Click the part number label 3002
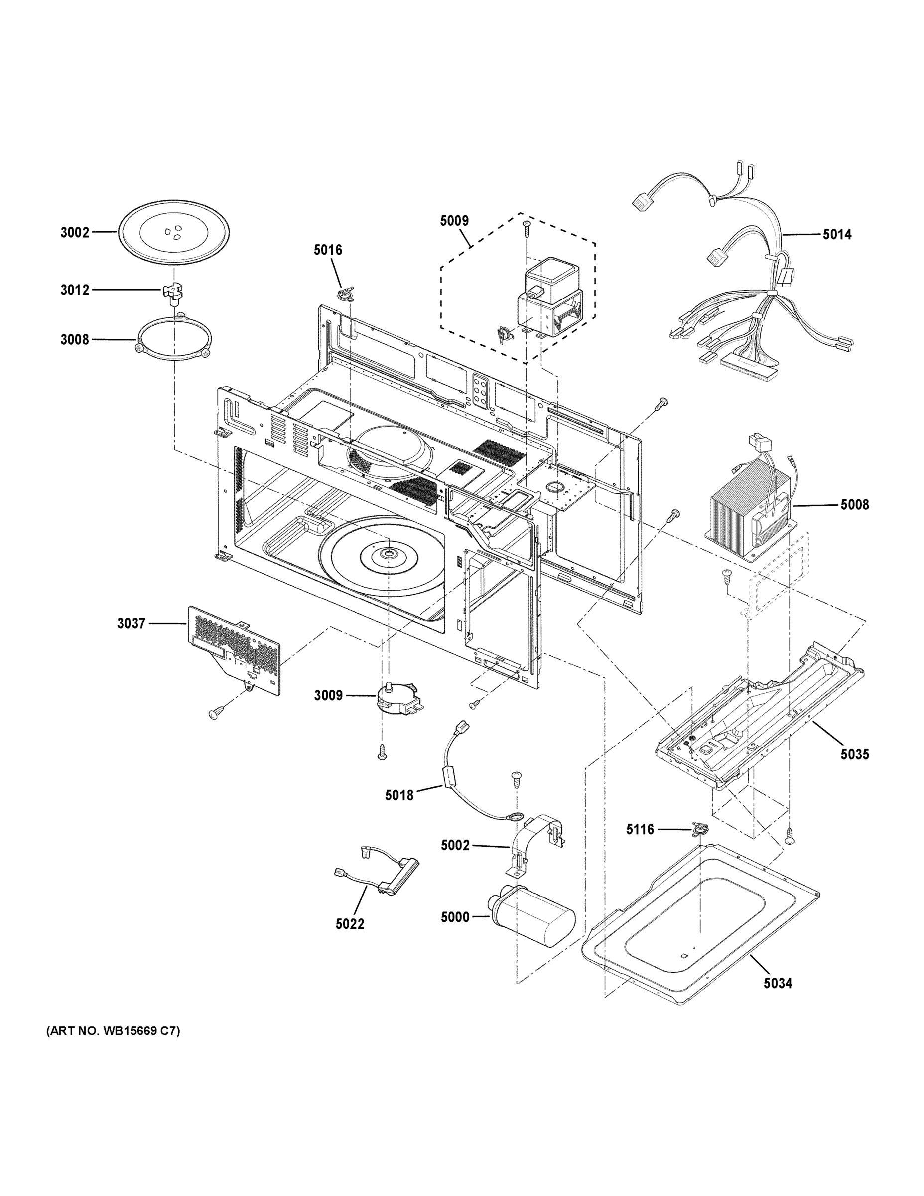[x=74, y=232]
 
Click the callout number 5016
[x=327, y=250]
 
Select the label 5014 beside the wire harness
[x=837, y=235]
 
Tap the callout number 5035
[x=854, y=754]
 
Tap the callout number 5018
[x=399, y=795]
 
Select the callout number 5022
[x=350, y=924]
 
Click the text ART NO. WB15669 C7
[x=113, y=1031]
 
